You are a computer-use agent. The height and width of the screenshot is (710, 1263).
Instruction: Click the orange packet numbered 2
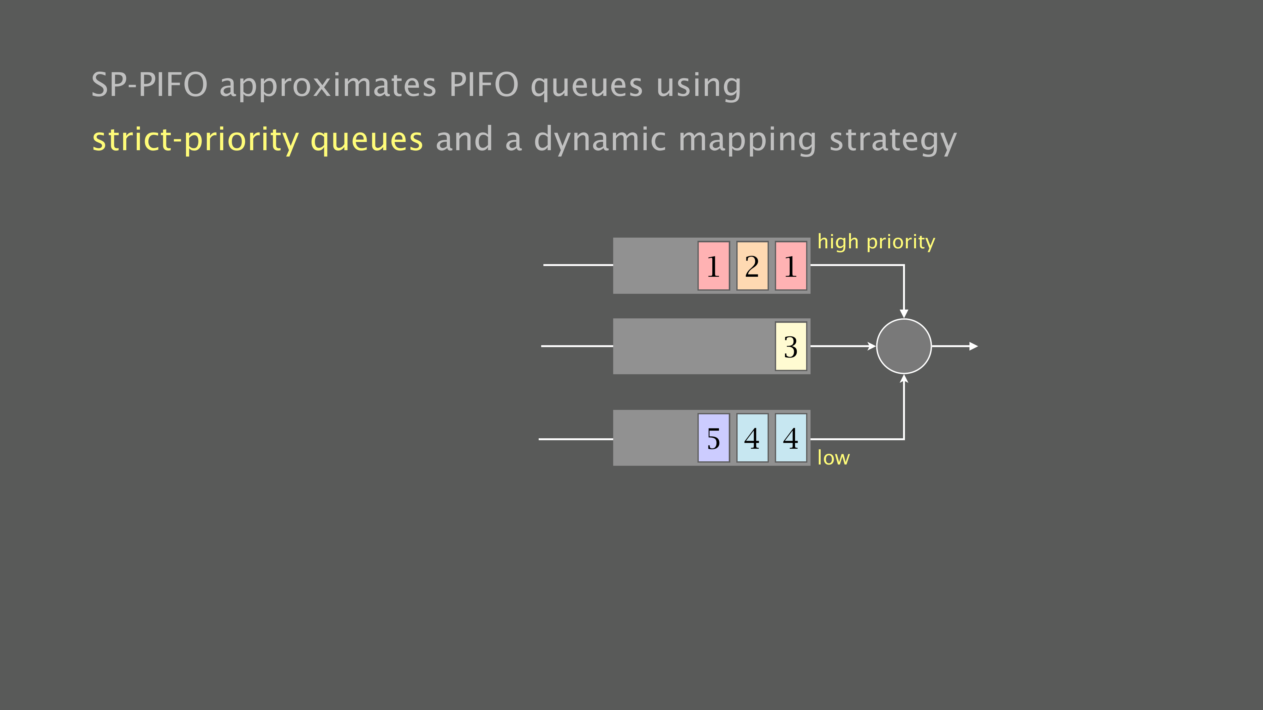752,266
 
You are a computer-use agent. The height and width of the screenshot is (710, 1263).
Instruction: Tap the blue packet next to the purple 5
752,438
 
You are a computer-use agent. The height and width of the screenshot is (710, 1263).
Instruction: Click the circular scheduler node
904,346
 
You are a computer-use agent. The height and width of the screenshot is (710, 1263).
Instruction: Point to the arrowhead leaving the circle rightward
974,346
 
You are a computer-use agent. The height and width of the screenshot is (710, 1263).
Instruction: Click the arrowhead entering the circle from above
904,314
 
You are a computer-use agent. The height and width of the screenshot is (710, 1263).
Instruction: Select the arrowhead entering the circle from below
904,378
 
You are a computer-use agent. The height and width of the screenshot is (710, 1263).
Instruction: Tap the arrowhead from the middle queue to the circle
872,346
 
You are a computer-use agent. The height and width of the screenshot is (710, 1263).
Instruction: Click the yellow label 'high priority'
876,242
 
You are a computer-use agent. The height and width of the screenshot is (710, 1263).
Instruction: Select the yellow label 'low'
834,457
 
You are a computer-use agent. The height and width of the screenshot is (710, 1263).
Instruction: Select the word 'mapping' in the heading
748,140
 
